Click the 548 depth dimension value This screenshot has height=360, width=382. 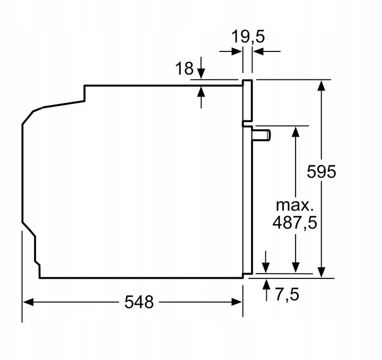pos(139,302)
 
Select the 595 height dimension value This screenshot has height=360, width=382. pos(322,172)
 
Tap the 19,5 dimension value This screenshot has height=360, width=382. pos(248,37)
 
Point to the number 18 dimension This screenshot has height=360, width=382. pos(184,68)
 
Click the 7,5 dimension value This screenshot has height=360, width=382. pos(287,294)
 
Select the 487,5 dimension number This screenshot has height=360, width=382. pos(295,222)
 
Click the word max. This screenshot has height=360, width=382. pos(294,205)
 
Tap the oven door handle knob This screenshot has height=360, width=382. pos(262,135)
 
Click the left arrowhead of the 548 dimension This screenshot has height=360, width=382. pos(28,302)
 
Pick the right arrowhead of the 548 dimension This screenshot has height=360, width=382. pos(237,302)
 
